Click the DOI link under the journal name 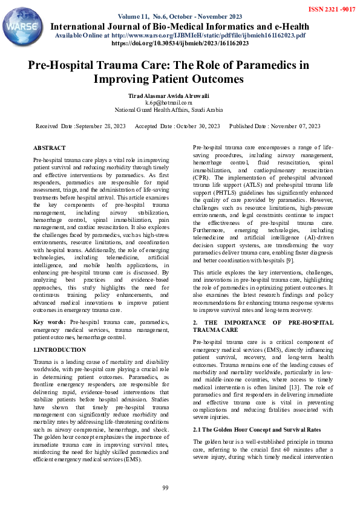180,44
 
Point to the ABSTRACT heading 50,148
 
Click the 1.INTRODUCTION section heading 59,350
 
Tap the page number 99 165,488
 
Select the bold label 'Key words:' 48,322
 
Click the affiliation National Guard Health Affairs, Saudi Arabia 169,110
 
